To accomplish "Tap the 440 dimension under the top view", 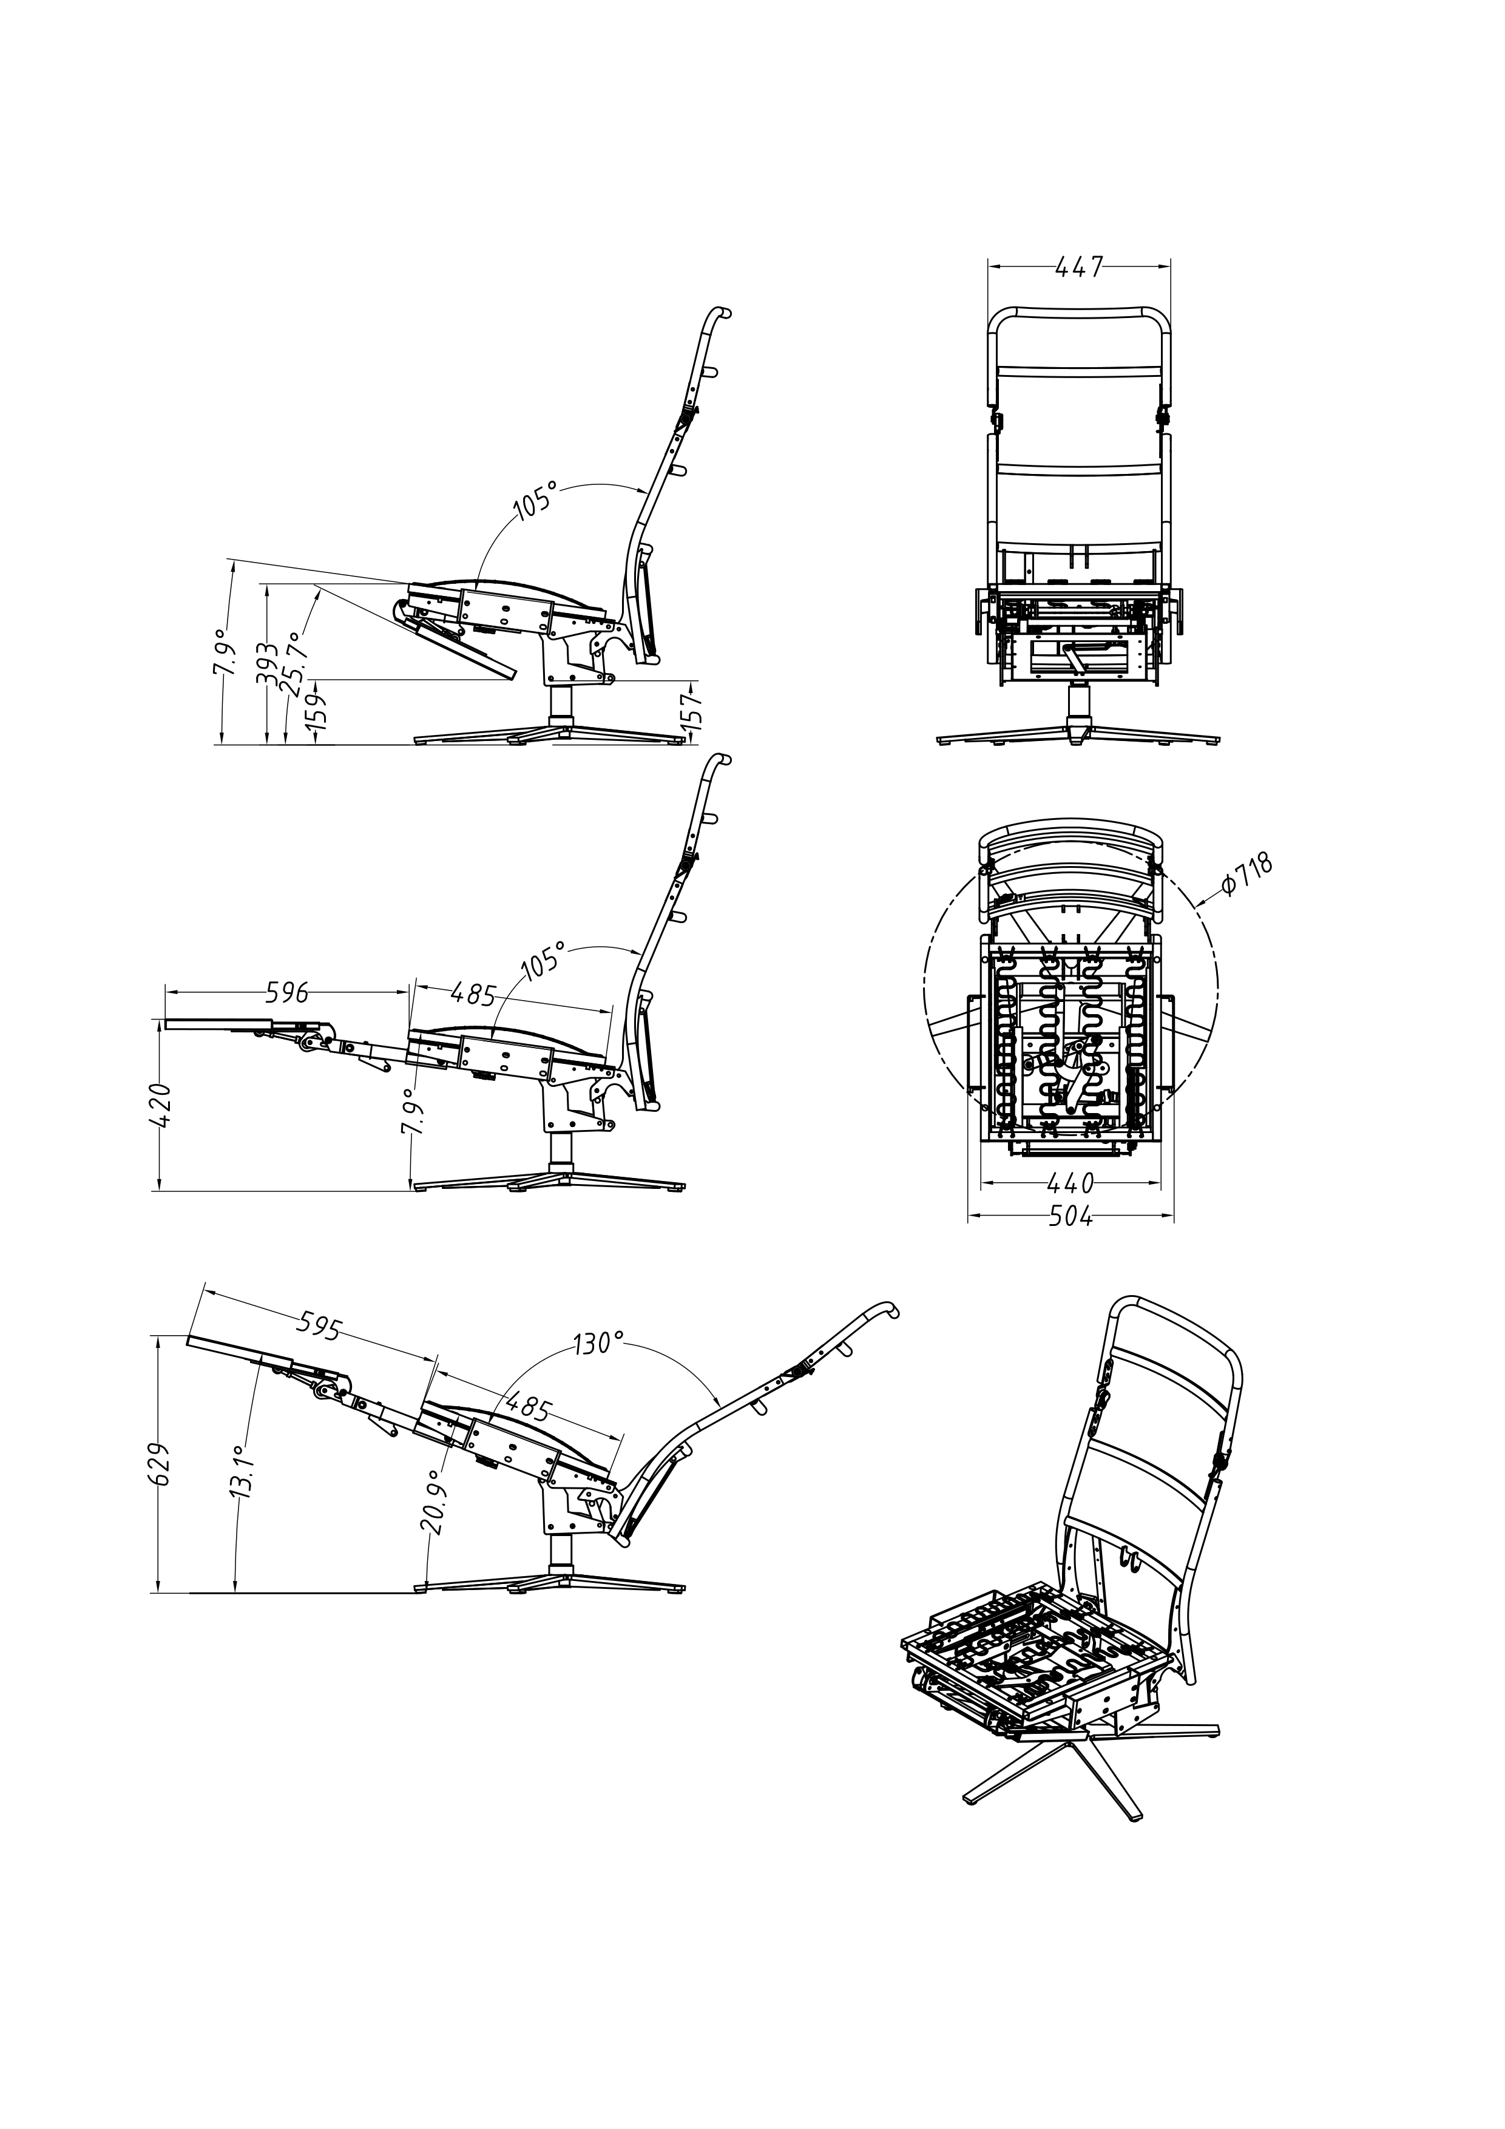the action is pyautogui.click(x=1071, y=1183).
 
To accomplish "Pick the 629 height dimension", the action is pyautogui.click(x=160, y=1463).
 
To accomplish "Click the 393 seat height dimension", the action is pyautogui.click(x=267, y=665).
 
